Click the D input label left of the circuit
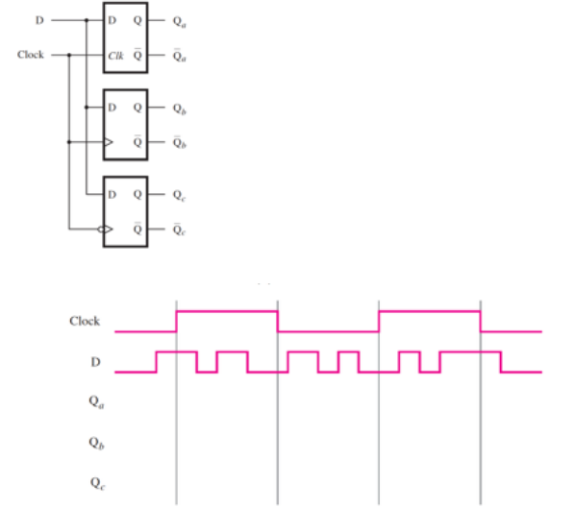point(39,20)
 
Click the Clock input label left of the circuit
point(31,55)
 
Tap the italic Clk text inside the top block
point(115,56)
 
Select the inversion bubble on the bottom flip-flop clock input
point(101,230)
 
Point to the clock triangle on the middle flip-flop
point(109,142)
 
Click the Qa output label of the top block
point(179,21)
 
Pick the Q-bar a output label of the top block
point(179,56)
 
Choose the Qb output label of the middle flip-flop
point(179,109)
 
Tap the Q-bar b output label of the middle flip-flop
point(179,142)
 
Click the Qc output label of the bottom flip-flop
point(179,196)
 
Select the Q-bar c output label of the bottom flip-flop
point(179,230)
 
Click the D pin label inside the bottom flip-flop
point(112,194)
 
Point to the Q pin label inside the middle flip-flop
point(137,108)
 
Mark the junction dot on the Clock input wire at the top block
point(69,55)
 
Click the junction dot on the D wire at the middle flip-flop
point(87,108)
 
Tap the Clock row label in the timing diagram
point(85,321)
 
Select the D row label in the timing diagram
point(95,362)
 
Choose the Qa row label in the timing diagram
point(96,402)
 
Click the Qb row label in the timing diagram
point(96,443)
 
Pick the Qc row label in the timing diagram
point(97,483)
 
